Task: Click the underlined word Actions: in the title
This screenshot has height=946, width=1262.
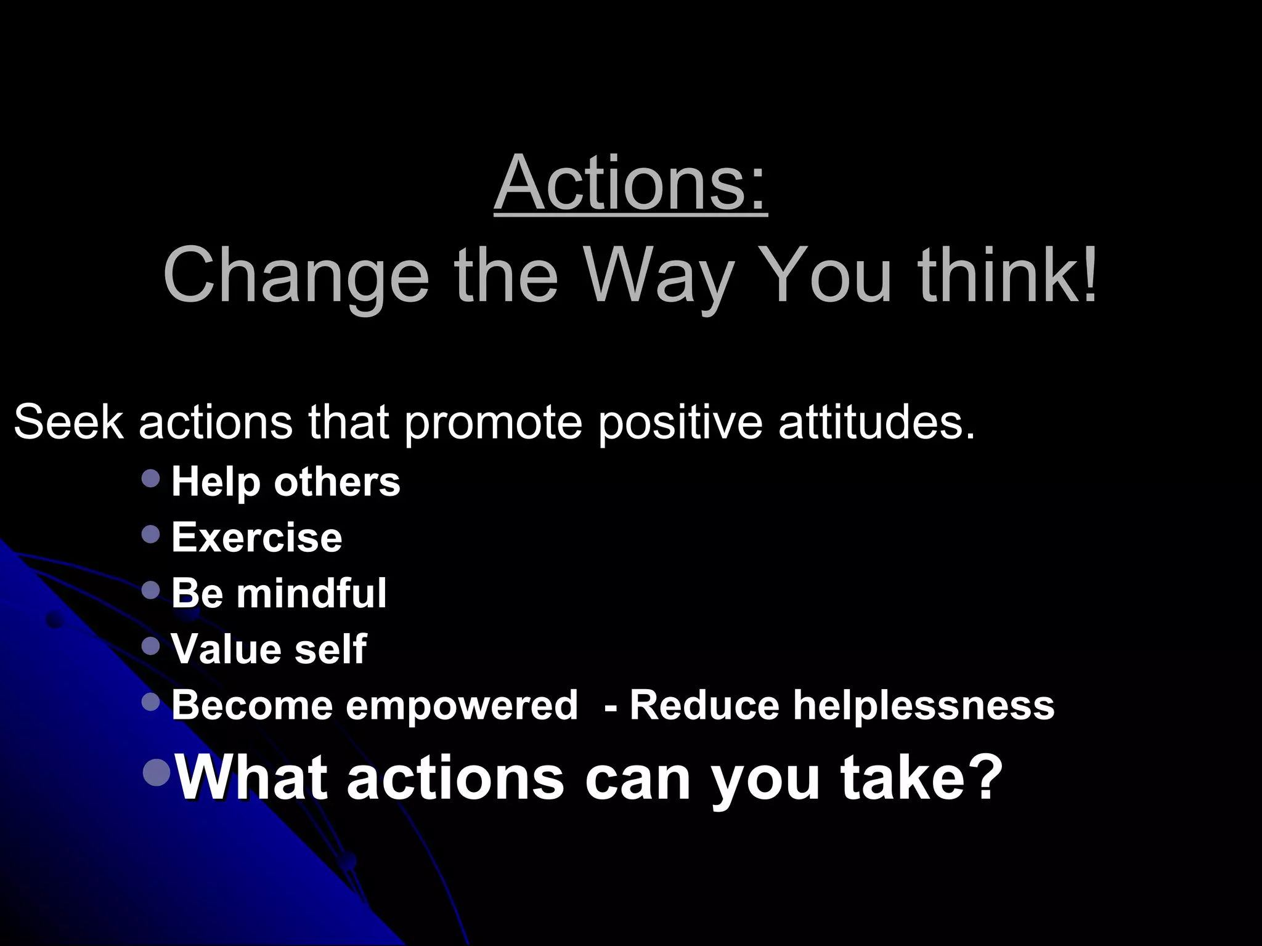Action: point(630,184)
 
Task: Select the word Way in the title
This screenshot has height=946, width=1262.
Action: point(659,277)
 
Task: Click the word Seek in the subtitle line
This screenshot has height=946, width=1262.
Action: point(68,422)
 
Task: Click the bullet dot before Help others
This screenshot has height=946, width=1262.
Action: point(150,479)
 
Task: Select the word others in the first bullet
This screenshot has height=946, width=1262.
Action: point(337,482)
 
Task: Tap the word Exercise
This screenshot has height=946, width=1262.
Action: point(256,538)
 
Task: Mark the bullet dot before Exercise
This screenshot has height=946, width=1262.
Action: point(150,534)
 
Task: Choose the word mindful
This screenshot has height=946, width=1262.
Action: point(311,593)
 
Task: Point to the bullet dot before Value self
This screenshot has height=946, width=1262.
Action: point(150,645)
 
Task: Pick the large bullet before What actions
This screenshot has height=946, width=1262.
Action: point(157,772)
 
